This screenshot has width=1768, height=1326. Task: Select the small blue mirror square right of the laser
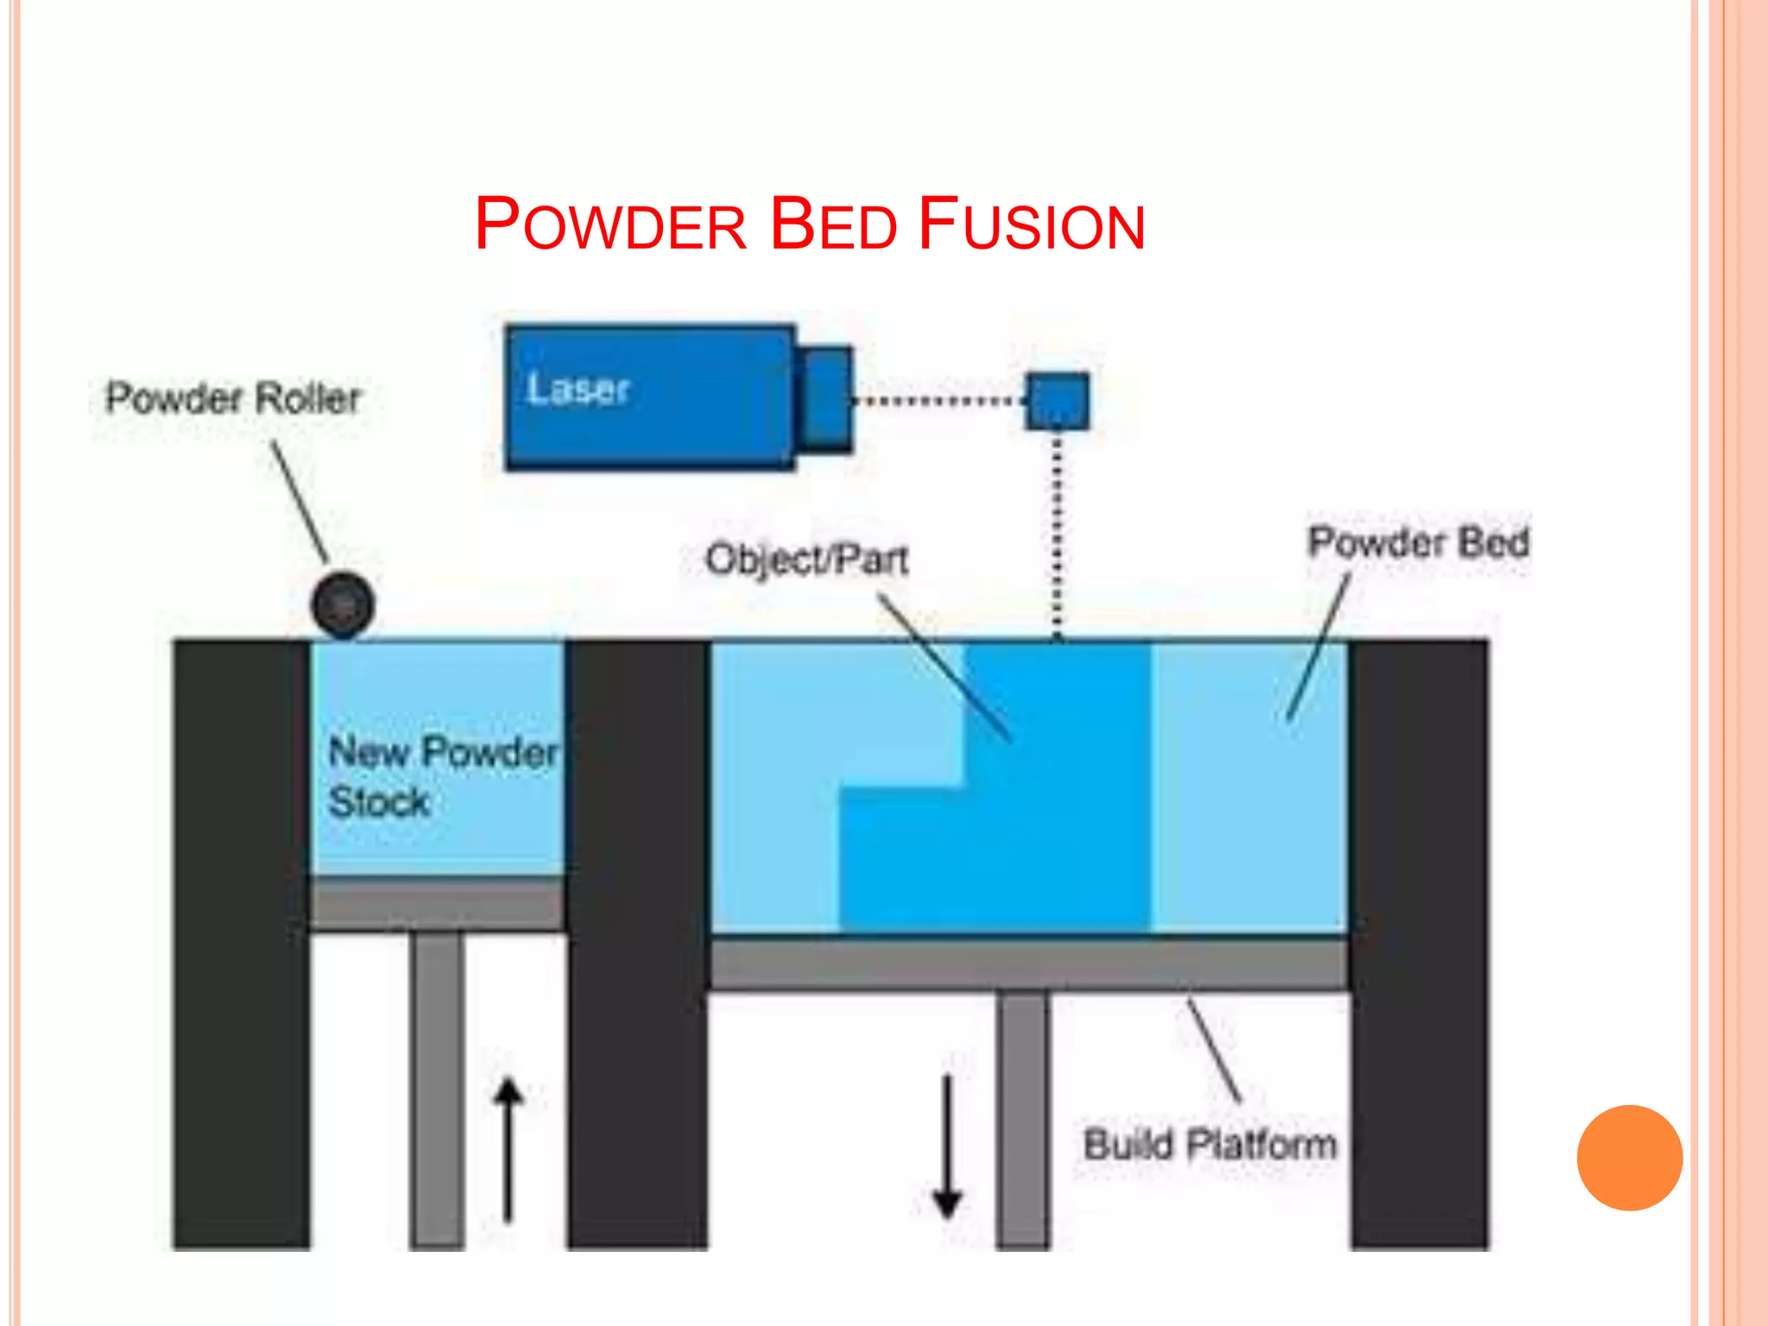coord(1057,401)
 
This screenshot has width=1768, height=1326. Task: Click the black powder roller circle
coord(343,604)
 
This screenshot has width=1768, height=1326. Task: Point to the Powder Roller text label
coord(232,398)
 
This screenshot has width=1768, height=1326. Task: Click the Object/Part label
coord(806,559)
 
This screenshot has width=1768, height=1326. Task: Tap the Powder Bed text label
coord(1418,543)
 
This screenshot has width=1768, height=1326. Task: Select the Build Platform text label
coord(1209,1145)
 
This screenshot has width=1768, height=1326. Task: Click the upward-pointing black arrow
coord(508,1148)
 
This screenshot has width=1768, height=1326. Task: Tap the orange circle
coord(1629,1158)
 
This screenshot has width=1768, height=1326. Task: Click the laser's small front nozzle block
coord(824,398)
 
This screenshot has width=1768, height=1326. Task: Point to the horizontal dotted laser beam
coord(937,401)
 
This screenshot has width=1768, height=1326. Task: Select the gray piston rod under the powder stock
coord(437,1088)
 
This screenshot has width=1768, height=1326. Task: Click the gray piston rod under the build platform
coord(1023,1118)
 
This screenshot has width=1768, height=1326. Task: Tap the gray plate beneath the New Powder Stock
coord(437,904)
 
